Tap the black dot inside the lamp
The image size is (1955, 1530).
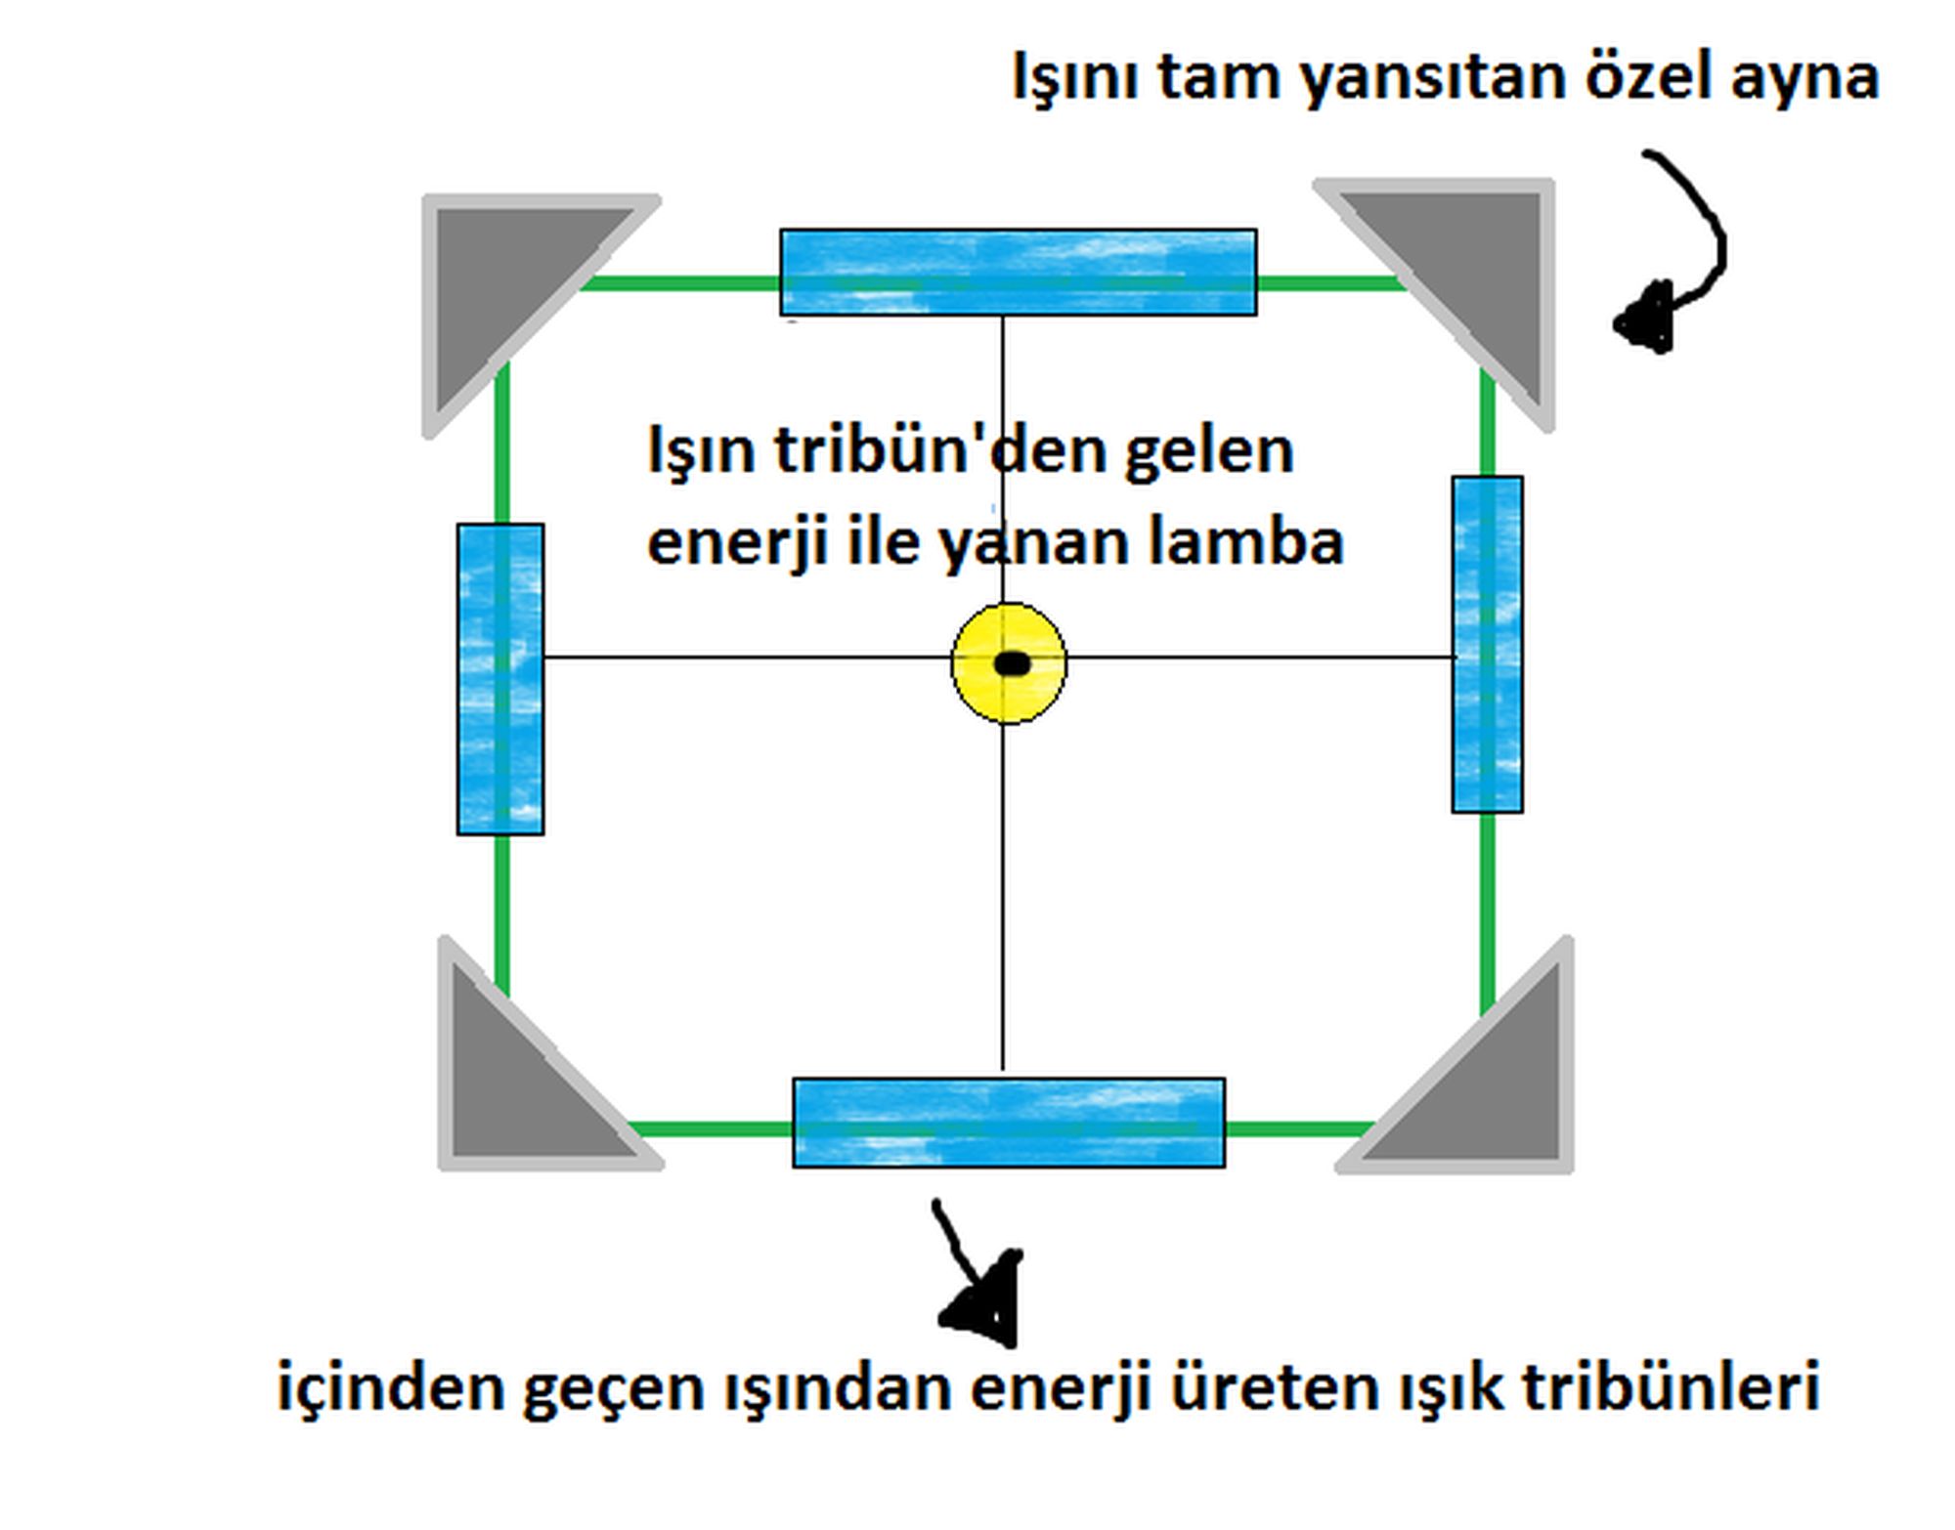[x=1012, y=664]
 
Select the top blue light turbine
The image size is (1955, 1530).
[x=1018, y=272]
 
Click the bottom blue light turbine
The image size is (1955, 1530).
[x=1008, y=1123]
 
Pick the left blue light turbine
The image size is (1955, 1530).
[x=500, y=679]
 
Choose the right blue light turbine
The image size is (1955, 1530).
[x=1487, y=644]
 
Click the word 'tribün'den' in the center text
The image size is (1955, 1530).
[x=940, y=451]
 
